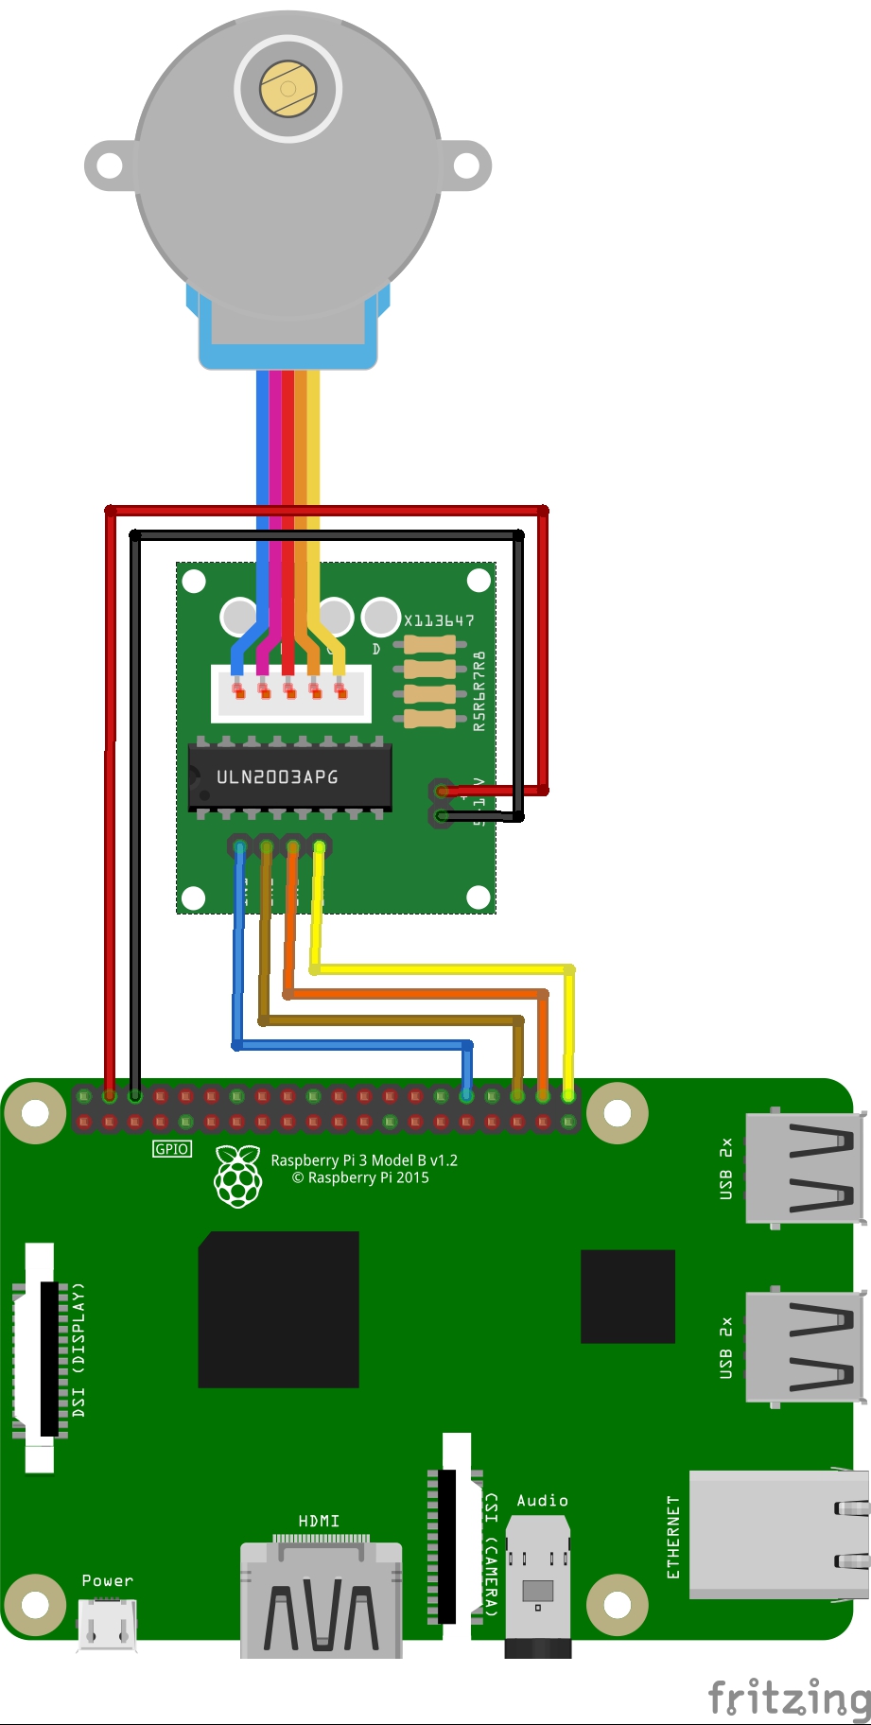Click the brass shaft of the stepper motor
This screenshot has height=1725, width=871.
coord(288,89)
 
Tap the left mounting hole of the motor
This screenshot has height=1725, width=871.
coord(110,166)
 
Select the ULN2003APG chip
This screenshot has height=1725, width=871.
coord(289,776)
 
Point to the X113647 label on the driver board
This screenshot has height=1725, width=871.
coord(439,620)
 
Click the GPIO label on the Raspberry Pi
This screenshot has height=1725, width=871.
coord(172,1149)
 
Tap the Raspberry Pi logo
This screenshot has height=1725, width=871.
coord(238,1176)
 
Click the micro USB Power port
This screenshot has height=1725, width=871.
coord(107,1625)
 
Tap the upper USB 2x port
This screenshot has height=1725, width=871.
coord(805,1169)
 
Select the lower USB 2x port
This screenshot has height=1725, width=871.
coord(805,1347)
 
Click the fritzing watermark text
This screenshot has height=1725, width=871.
coord(789,1697)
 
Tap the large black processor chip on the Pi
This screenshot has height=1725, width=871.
coord(278,1309)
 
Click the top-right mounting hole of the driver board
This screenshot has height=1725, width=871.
coord(479,579)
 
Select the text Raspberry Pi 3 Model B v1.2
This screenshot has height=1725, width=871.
coord(364,1160)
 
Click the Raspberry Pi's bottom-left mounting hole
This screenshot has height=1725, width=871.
coord(35,1605)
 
